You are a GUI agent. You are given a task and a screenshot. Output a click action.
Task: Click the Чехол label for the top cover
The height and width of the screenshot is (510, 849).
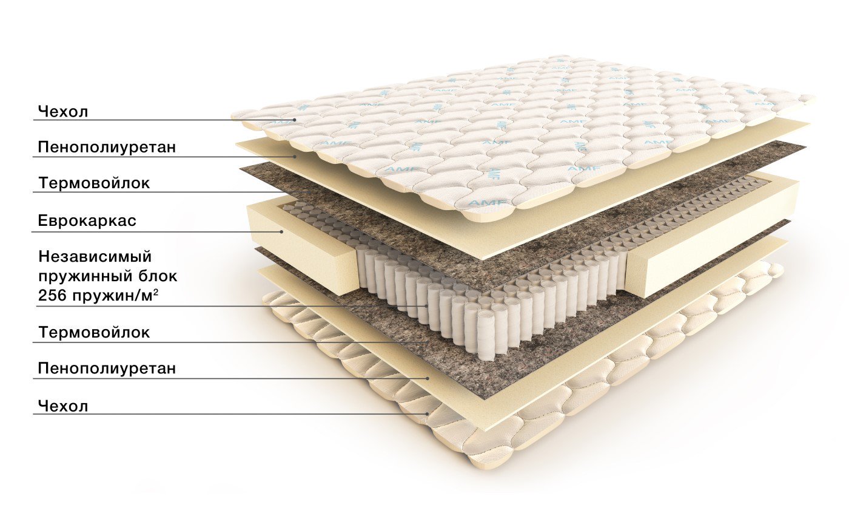[x=63, y=112]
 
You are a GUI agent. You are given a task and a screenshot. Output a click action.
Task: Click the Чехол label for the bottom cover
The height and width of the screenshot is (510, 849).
[x=63, y=406]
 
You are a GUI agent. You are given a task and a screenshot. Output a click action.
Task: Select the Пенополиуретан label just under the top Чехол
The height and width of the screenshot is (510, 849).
[x=107, y=147]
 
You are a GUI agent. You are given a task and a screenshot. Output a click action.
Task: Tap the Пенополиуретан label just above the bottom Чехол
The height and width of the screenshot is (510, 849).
[x=107, y=368]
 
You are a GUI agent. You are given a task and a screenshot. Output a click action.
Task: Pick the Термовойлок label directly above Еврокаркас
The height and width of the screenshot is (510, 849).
[x=94, y=183]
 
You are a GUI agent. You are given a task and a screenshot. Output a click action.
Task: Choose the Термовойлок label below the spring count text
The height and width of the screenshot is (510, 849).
[x=94, y=333]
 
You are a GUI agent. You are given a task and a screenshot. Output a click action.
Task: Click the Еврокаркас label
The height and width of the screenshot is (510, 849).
[x=87, y=220]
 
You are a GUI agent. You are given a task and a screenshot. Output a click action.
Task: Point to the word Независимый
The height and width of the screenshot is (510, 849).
[x=95, y=257]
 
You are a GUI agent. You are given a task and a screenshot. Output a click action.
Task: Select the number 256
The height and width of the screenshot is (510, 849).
[x=52, y=296]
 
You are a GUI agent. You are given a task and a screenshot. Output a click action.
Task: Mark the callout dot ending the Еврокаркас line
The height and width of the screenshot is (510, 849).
[x=281, y=231]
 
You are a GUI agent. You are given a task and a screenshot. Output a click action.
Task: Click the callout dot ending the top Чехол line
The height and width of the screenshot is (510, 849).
[x=294, y=120]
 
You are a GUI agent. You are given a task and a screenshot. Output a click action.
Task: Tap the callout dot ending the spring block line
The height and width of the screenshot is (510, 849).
[x=426, y=306]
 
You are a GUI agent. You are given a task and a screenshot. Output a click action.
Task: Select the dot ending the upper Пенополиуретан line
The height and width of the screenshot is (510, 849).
[x=295, y=157]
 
